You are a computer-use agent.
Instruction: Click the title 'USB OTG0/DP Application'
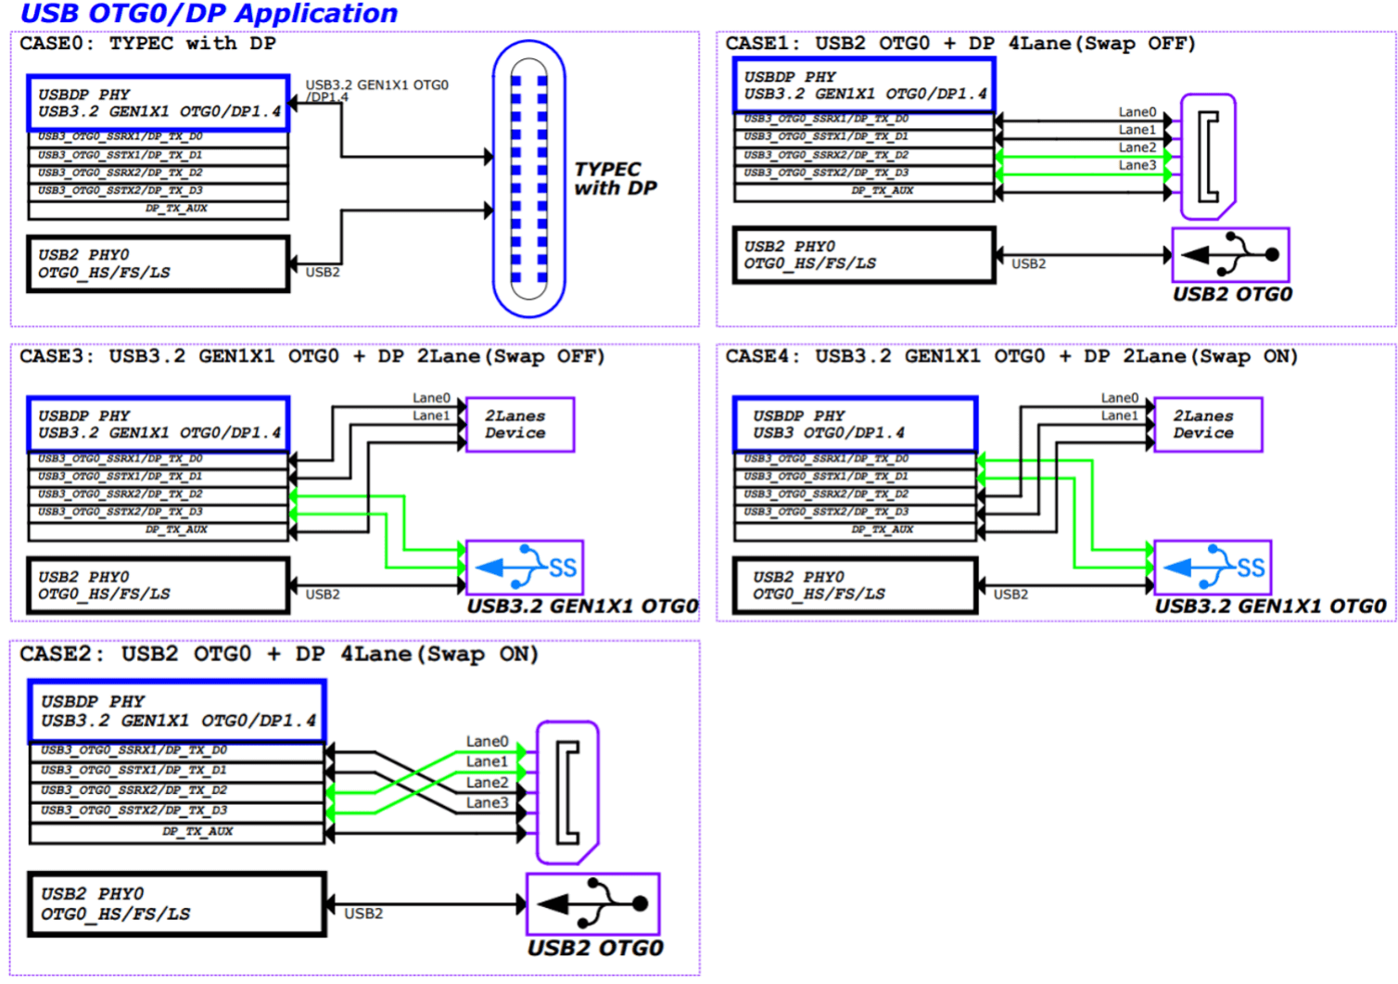(x=209, y=14)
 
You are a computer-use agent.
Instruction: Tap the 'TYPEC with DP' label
(x=616, y=178)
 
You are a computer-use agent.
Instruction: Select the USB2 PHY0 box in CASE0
(x=159, y=264)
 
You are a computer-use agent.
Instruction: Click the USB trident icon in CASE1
(x=1230, y=255)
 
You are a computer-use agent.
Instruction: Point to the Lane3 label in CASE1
(x=1137, y=165)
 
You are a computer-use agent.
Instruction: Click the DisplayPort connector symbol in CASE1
(x=1208, y=157)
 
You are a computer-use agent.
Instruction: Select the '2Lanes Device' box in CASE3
(x=519, y=425)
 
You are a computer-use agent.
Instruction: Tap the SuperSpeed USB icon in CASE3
(x=525, y=568)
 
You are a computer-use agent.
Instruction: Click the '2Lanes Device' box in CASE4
(x=1207, y=425)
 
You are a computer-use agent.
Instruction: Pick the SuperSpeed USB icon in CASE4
(x=1213, y=568)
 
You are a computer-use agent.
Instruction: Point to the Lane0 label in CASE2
(x=487, y=741)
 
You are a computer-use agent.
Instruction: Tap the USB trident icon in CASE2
(x=592, y=904)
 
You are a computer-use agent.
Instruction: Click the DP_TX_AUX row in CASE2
(x=177, y=832)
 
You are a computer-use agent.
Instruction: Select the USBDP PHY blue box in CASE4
(x=855, y=425)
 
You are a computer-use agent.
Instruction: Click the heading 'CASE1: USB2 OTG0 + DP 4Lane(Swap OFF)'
(x=960, y=44)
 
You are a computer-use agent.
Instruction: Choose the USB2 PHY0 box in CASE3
(x=159, y=586)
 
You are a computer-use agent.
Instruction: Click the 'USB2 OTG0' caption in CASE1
(x=1232, y=295)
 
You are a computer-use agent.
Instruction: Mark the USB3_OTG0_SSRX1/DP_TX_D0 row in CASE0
(x=159, y=137)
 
